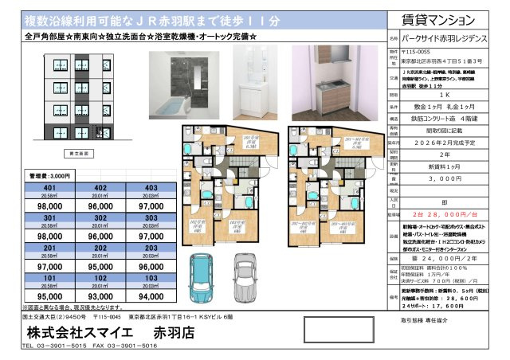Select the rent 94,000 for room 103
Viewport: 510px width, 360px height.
pyautogui.click(x=151, y=294)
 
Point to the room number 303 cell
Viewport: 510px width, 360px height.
pyautogui.click(x=151, y=219)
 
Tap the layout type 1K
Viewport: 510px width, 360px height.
pyautogui.click(x=445, y=94)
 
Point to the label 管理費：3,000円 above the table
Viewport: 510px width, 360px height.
pyautogui.click(x=50, y=174)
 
